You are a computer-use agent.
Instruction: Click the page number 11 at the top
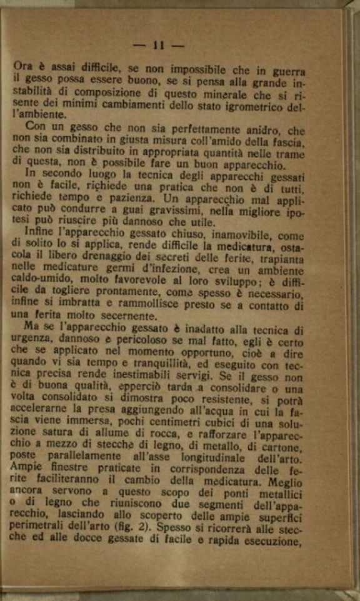click(x=158, y=45)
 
